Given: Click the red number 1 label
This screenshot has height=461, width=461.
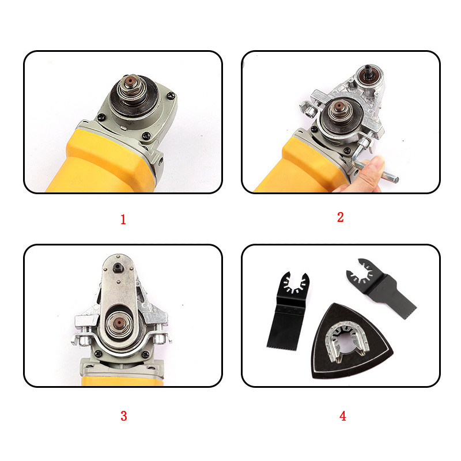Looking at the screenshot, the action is point(123,220).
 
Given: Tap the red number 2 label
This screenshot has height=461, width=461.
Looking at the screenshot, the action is point(341,217).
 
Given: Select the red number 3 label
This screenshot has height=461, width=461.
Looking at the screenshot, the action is point(124,415).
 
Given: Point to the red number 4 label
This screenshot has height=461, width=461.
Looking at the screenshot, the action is point(343,416).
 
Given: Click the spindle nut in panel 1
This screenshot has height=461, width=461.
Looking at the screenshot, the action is point(131,85).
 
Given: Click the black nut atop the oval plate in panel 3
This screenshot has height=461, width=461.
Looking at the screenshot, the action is point(118,267).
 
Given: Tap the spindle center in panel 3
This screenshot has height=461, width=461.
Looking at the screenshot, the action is point(119,323).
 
